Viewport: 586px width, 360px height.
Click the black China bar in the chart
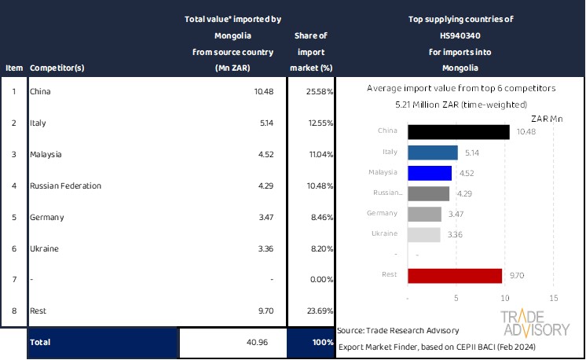click(459, 132)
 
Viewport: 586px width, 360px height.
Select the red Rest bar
click(455, 276)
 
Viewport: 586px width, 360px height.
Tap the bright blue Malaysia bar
click(430, 173)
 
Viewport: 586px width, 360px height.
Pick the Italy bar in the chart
click(433, 152)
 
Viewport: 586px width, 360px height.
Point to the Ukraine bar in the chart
click(424, 234)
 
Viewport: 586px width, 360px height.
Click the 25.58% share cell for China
click(320, 91)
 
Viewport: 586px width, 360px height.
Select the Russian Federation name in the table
click(65, 186)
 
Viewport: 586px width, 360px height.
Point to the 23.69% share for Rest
click(320, 311)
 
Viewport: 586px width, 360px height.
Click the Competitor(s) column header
click(57, 68)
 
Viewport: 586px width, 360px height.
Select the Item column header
click(14, 68)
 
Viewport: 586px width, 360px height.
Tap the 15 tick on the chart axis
click(553, 298)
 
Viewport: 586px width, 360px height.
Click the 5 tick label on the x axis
click(456, 298)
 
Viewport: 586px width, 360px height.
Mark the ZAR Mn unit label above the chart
click(547, 118)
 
